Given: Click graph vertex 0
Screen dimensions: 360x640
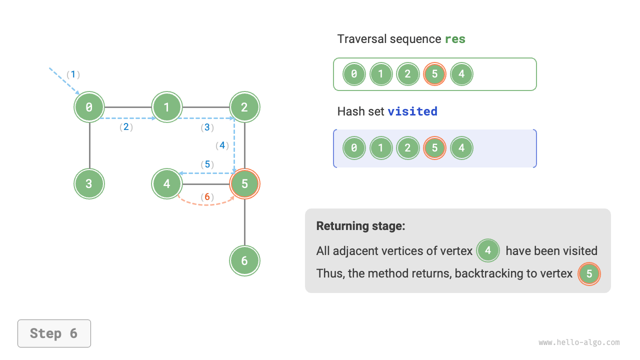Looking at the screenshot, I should coord(89,107).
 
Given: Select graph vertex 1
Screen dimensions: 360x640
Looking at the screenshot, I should coord(167,107).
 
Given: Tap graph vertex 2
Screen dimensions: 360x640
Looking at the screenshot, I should coord(244,107).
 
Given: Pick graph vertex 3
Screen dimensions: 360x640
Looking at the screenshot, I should coord(89,183).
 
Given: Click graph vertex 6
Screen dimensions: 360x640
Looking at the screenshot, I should coord(244,260).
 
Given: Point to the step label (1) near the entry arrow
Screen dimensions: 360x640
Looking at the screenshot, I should coord(73,74).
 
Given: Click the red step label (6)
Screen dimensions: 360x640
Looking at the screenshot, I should coord(207,197).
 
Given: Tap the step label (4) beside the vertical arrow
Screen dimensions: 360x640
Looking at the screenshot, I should coord(222,145).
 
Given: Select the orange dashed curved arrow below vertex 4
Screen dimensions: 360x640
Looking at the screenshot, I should coord(206,203).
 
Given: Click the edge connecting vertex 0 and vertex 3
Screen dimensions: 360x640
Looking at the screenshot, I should coord(89,145).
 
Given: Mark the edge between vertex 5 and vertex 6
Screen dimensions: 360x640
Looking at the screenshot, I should coord(244,222).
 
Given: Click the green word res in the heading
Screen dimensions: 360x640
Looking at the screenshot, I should coord(455,39).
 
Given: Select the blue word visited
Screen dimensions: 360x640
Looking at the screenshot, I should coord(412,111).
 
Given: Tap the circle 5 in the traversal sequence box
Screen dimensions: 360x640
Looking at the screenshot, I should coord(434,74).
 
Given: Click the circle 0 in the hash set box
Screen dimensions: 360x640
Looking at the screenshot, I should coord(354,148).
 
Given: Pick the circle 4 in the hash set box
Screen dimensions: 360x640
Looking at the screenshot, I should coord(461,148).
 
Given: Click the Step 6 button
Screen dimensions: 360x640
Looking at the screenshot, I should coord(54,333).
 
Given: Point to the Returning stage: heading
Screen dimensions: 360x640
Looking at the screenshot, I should coord(360,226).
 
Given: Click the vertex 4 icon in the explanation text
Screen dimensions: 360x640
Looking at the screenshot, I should coord(488,250).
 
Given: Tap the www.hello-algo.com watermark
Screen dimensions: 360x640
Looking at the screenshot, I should coord(579,342).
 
